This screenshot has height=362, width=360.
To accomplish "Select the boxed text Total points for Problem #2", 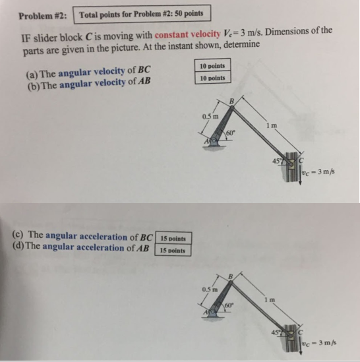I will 142,14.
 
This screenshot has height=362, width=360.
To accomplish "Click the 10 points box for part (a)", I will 212,67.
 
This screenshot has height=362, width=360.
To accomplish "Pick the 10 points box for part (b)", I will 212,78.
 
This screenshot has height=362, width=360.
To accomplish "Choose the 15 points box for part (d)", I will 173,251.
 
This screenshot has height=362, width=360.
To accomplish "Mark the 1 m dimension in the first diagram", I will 270,125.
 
